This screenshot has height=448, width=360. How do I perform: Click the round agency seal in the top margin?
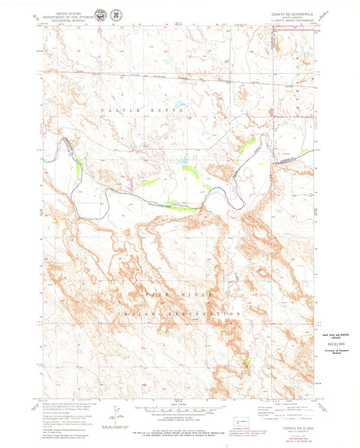click(101, 15)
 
